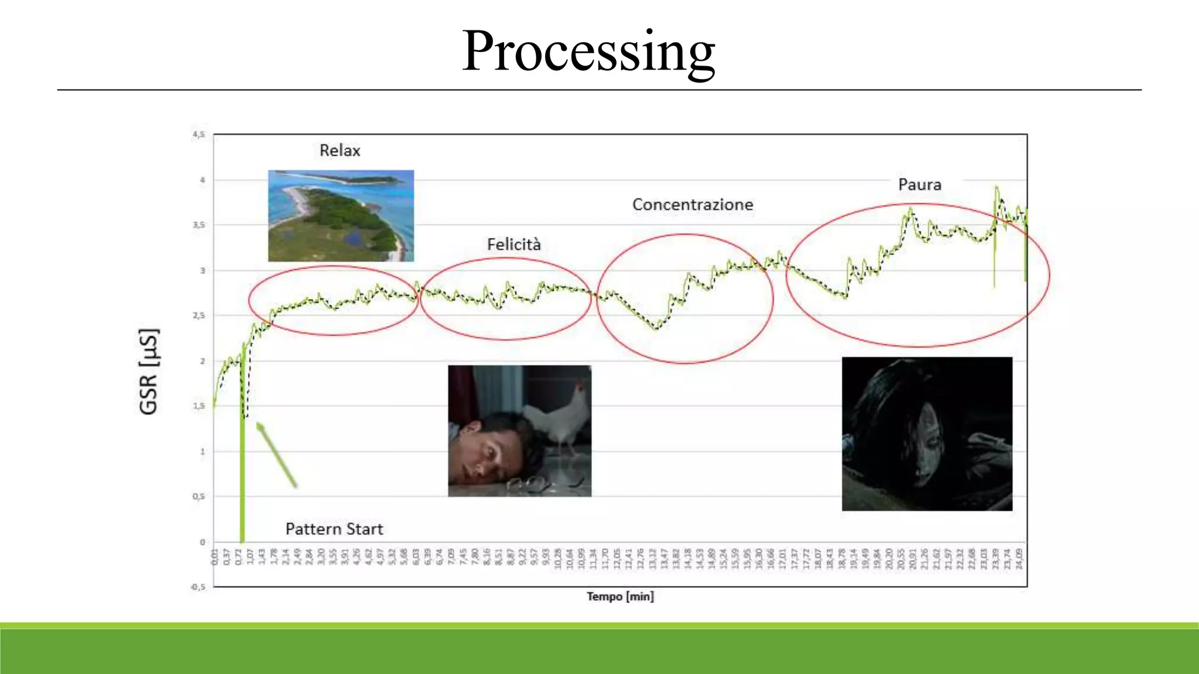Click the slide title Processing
[x=588, y=51]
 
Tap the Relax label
[x=340, y=150]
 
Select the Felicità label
[x=513, y=245]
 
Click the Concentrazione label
[x=692, y=205]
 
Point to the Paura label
[x=919, y=185]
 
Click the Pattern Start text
[x=334, y=529]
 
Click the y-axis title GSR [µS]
[x=149, y=372]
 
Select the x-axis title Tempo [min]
[x=620, y=596]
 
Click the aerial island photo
[x=341, y=215]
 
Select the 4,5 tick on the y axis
[x=198, y=135]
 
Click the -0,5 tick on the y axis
[x=198, y=587]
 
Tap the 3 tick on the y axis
[x=203, y=270]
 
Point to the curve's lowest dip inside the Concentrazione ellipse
[x=656, y=328]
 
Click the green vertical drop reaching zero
[x=242, y=480]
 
